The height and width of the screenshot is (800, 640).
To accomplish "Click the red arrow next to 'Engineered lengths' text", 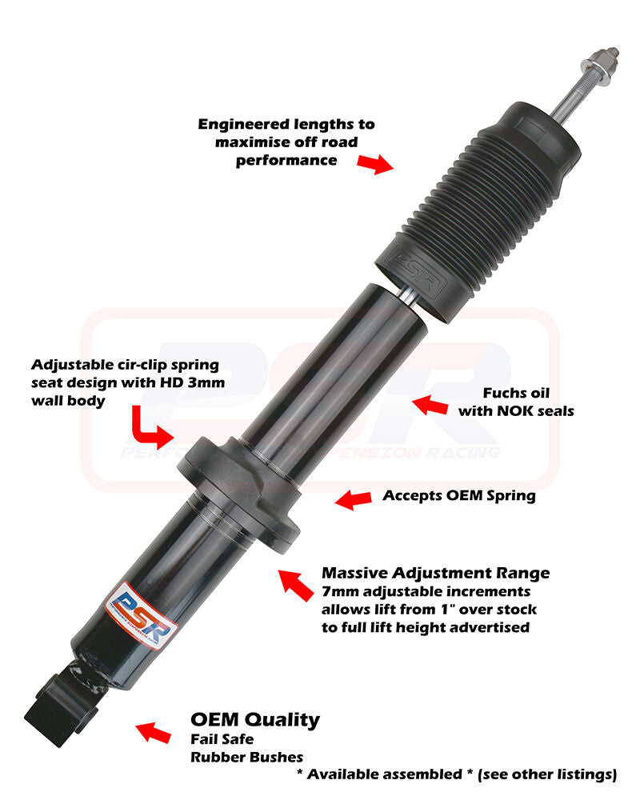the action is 376,164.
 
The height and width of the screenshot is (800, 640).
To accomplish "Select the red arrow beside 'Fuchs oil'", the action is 430,406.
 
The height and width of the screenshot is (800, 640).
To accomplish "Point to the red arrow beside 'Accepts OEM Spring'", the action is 353,499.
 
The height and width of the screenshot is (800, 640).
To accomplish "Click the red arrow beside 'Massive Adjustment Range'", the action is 295,585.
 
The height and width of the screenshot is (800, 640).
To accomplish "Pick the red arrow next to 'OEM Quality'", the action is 153,733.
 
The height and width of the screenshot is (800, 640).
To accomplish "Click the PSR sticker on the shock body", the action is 142,615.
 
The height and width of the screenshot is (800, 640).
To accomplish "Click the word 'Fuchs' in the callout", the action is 502,393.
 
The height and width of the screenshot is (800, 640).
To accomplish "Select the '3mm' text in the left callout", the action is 206,382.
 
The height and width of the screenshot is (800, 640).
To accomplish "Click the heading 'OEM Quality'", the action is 255,719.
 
